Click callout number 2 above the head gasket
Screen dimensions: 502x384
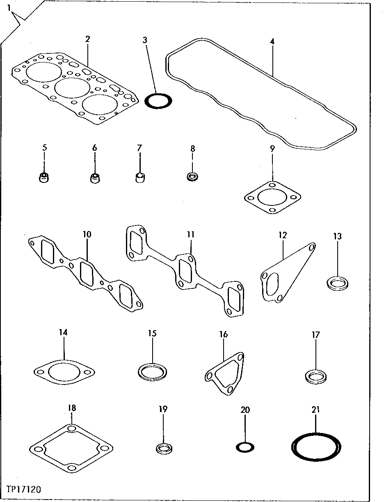87,39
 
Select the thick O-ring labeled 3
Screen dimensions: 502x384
159,101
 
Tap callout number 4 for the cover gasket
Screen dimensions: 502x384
272,41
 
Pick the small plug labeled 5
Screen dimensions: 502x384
44,178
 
